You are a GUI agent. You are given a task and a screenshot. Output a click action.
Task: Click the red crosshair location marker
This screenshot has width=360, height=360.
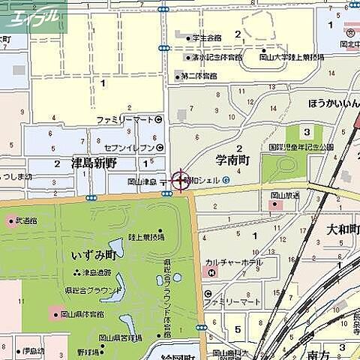click(x=180, y=181)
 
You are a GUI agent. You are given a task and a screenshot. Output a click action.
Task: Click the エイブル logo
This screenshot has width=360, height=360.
click(x=33, y=16)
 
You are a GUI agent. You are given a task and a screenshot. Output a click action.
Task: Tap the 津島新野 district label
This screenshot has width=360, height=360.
click(x=94, y=162)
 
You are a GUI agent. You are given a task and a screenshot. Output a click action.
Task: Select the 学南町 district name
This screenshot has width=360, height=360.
click(x=232, y=160)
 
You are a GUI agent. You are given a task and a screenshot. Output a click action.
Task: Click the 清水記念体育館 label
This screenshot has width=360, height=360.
click(x=215, y=57)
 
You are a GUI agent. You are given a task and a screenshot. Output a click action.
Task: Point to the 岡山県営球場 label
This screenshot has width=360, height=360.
click(x=119, y=338)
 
